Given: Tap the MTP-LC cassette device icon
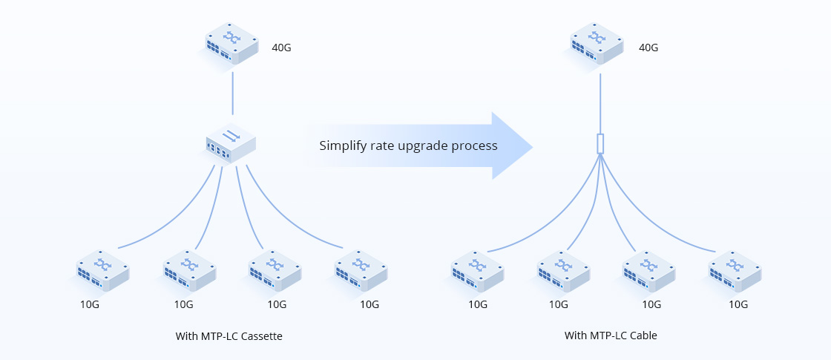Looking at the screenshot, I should [x=231, y=143].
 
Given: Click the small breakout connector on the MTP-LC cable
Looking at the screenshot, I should [x=600, y=143].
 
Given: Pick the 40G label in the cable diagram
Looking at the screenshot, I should [x=648, y=48].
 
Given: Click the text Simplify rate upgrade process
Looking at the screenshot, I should [x=408, y=145].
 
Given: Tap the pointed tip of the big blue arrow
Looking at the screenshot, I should [x=531, y=146].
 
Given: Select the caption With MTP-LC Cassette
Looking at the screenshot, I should [x=229, y=336].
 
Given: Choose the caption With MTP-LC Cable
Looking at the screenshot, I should [x=611, y=336].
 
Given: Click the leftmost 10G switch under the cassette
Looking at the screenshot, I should [x=103, y=271].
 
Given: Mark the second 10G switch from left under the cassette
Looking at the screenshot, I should [x=189, y=271].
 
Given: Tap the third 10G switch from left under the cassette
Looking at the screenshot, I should [x=275, y=271].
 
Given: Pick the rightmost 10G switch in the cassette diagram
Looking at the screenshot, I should [x=361, y=271].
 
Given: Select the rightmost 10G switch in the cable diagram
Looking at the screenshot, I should [x=735, y=271].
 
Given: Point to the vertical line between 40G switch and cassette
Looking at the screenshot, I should [x=233, y=93].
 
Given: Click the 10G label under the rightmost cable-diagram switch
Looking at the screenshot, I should [x=738, y=304].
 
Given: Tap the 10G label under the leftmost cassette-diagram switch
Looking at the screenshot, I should [x=90, y=304].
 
